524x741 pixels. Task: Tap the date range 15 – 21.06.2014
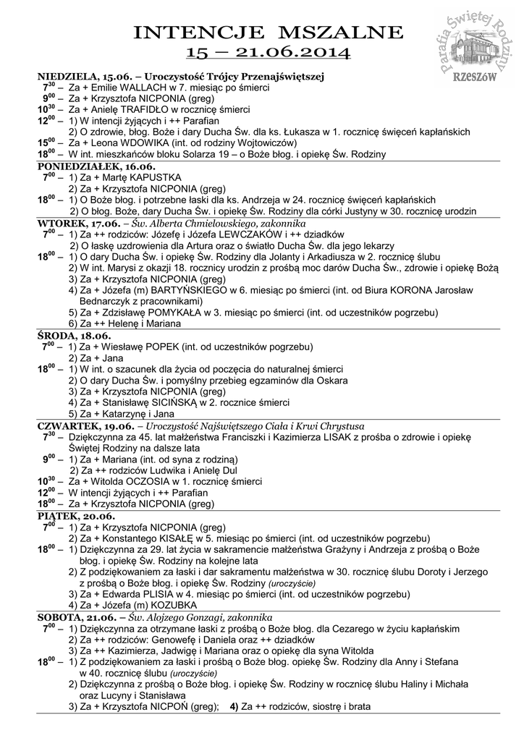[x=269, y=52]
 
